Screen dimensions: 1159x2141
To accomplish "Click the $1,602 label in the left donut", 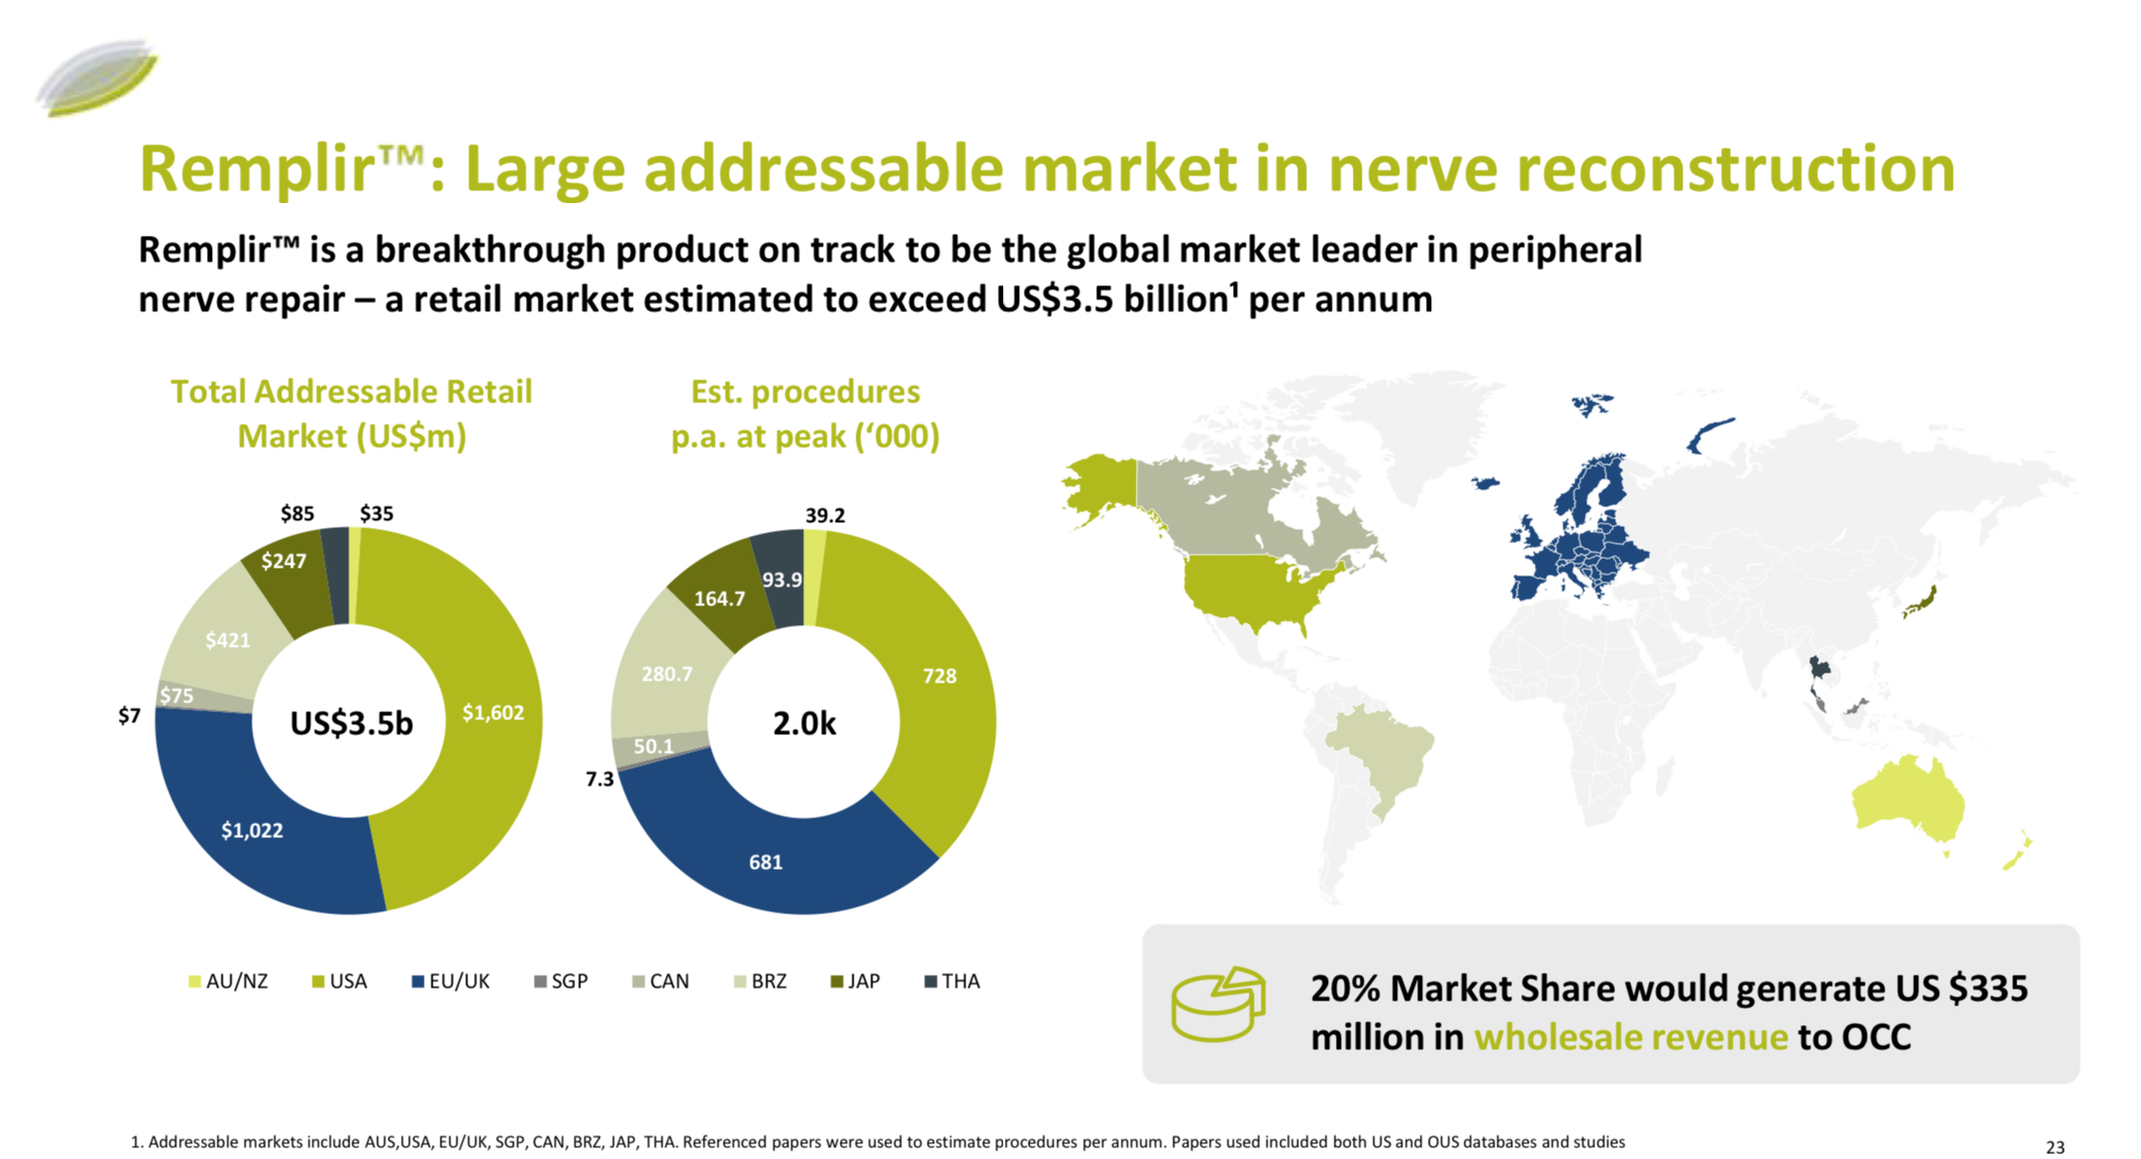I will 493,712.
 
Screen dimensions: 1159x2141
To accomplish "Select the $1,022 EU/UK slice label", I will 252,830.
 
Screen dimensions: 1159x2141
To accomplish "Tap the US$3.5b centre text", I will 351,723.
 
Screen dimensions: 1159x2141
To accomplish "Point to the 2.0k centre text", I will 804,723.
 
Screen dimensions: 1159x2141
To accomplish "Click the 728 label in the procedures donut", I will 939,676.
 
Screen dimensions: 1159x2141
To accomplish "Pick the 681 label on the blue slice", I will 765,862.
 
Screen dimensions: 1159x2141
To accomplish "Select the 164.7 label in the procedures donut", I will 719,598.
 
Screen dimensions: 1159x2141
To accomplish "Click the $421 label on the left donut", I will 228,640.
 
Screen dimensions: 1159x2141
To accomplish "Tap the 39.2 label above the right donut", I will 825,515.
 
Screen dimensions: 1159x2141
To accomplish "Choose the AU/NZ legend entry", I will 228,981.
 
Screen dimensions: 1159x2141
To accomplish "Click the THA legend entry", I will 952,981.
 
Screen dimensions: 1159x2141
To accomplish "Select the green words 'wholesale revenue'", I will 1630,1036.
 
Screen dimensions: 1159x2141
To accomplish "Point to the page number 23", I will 2055,1146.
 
